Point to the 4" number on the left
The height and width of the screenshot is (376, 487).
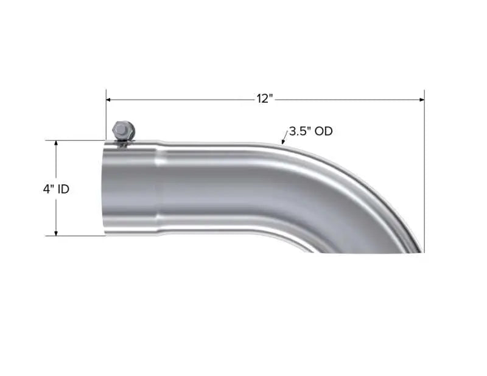point(48,189)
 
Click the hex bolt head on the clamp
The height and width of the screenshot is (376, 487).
point(121,129)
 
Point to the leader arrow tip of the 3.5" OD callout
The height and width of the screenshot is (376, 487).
point(282,143)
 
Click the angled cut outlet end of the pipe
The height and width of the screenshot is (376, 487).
point(365,251)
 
